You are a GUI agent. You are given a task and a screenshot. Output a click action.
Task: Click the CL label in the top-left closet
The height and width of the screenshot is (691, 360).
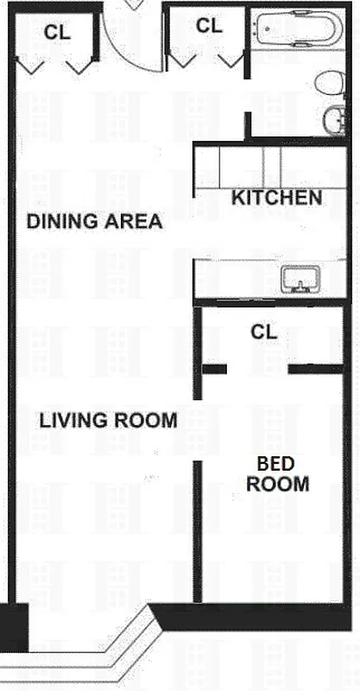click(57, 32)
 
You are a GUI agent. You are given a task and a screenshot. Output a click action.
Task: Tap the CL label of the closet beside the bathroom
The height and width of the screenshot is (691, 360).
click(209, 26)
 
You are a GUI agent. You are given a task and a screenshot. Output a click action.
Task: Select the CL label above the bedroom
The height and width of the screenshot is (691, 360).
click(264, 332)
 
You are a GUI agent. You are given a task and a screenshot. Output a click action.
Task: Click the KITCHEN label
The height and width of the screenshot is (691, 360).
click(276, 198)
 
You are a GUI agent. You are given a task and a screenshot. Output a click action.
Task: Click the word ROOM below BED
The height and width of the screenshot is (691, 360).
click(277, 485)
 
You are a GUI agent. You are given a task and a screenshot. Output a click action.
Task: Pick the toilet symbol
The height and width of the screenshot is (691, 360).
click(329, 84)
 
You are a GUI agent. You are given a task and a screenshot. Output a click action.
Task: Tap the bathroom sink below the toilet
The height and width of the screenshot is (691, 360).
click(333, 120)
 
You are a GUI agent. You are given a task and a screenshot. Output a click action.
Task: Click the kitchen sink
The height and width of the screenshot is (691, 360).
click(300, 279)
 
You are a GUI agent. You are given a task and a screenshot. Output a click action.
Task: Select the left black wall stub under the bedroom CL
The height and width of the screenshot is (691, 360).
click(214, 370)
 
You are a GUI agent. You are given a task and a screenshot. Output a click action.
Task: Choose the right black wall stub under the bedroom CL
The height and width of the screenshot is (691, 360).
click(315, 370)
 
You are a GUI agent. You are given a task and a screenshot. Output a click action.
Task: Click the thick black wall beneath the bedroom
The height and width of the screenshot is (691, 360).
click(259, 618)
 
